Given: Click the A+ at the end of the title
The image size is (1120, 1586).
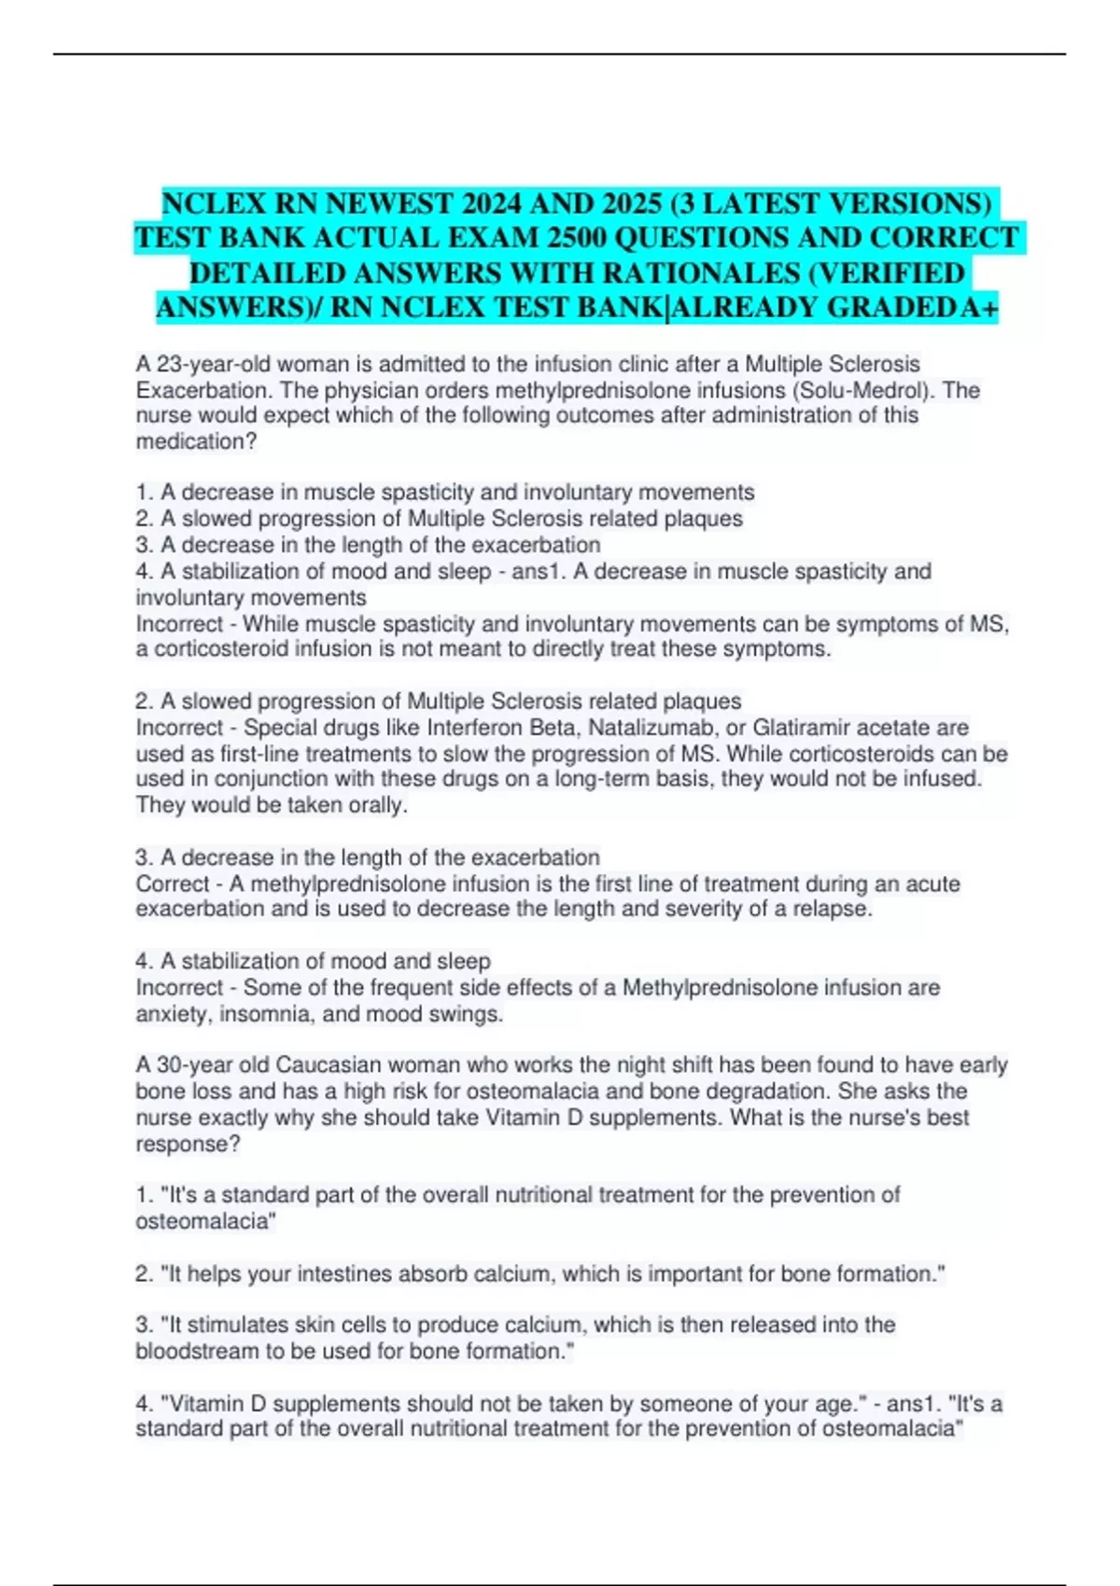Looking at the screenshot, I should coord(979,308).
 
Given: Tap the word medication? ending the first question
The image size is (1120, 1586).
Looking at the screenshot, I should coord(196,441).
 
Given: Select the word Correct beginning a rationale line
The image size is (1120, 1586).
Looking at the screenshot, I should coord(173,883).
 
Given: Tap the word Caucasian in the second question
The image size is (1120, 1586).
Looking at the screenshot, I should coord(329,1065).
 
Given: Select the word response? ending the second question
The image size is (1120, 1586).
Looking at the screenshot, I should coord(188,1144).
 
